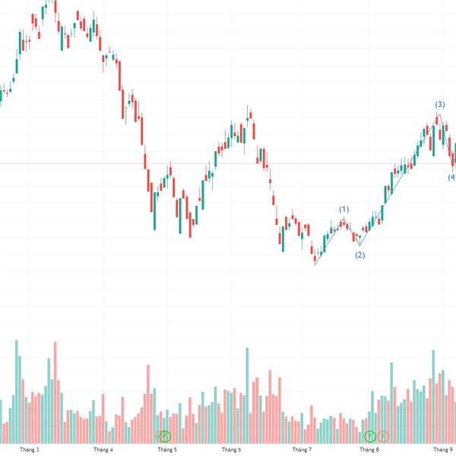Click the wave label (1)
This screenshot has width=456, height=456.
(344, 209)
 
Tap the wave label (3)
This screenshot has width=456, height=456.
(439, 104)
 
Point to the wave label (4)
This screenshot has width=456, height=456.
(451, 178)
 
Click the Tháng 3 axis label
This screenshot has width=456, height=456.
(32, 450)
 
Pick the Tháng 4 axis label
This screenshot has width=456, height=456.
(103, 450)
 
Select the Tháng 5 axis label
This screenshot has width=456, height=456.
(166, 450)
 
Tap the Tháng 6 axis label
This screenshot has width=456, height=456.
(231, 450)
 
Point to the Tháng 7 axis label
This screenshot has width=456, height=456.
(302, 450)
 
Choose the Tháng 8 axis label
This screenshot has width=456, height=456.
(369, 450)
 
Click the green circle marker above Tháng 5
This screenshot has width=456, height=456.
(164, 436)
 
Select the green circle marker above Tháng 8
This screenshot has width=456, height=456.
(370, 436)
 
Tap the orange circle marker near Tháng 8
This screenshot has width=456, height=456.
(383, 436)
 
